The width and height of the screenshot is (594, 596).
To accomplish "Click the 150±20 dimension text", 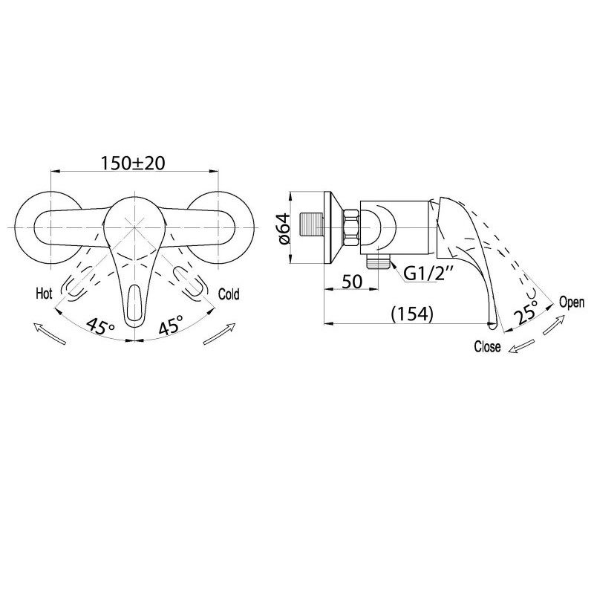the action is click(133, 163).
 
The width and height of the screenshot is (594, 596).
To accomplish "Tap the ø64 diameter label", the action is click(284, 228).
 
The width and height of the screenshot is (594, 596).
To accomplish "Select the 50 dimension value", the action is click(352, 282).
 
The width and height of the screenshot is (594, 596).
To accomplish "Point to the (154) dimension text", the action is click(412, 314).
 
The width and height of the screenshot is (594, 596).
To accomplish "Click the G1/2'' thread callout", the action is click(428, 273).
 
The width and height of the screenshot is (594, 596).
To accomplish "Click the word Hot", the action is click(44, 293).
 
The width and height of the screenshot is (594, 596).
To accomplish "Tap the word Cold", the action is click(229, 294).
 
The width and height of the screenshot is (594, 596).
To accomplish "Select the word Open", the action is click(572, 302).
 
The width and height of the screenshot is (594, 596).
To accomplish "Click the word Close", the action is click(487, 346).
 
